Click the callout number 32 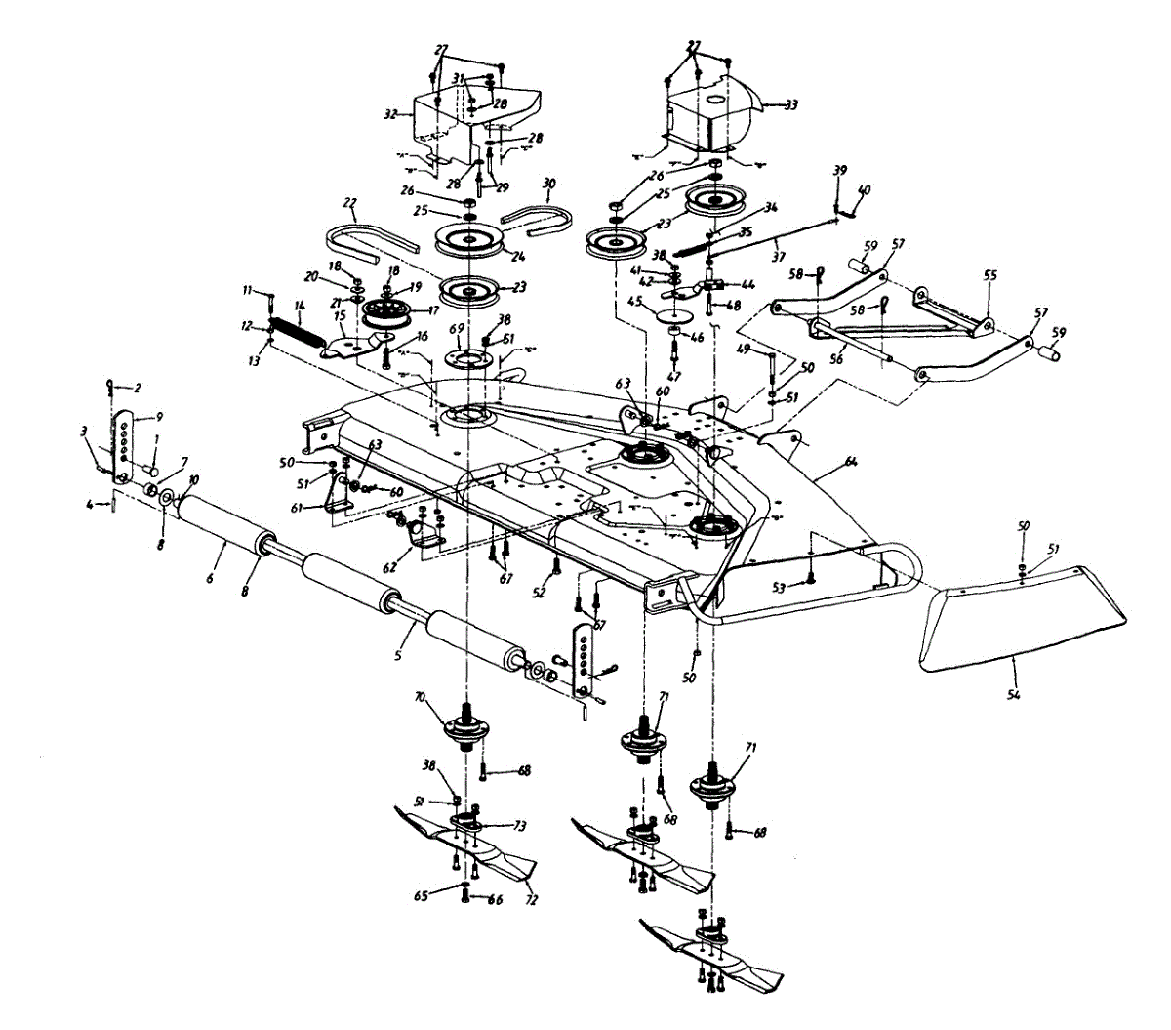tap(391, 114)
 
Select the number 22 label tap(350, 204)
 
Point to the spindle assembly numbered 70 tap(465, 727)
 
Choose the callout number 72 tap(531, 899)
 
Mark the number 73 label tap(519, 826)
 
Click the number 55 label tap(990, 276)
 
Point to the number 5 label tap(398, 657)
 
